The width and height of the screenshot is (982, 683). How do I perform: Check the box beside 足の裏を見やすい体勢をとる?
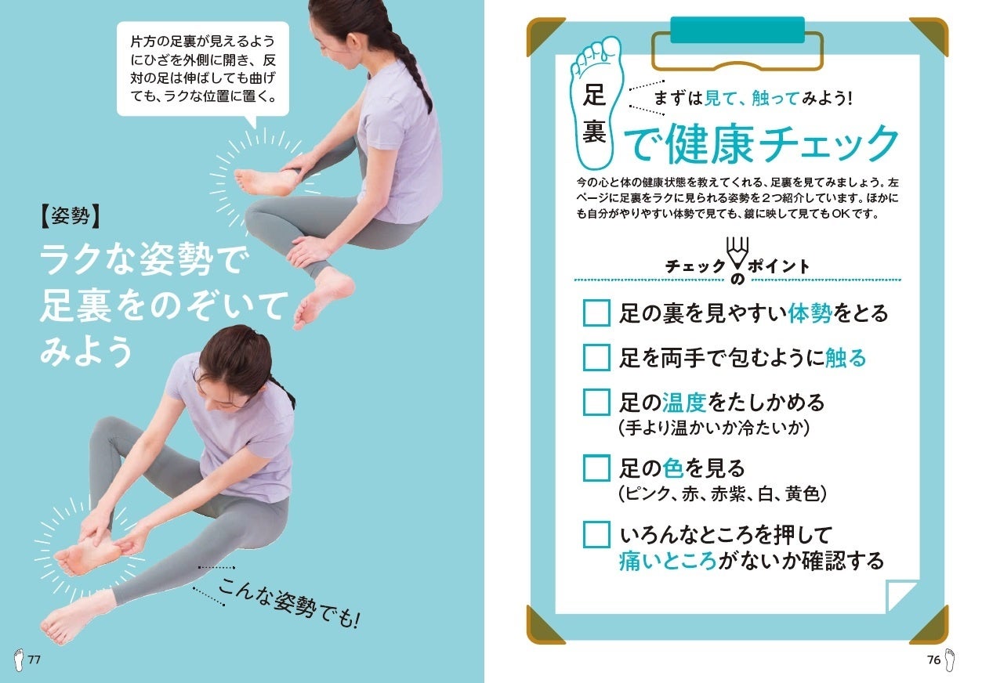point(596,313)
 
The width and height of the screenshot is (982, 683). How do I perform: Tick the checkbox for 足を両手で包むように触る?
point(596,357)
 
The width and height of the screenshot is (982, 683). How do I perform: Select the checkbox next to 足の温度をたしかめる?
point(596,402)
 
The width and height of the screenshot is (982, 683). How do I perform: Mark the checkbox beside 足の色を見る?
point(596,468)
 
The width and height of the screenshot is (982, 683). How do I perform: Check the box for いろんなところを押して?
point(596,534)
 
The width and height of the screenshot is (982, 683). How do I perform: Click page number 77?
point(34,660)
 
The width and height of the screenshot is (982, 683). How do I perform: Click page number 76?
point(933,660)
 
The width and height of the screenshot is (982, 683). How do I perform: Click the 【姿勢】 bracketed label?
point(71,216)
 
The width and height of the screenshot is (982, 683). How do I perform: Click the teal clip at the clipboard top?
point(737,30)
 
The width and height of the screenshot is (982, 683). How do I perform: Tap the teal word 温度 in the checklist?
point(684,402)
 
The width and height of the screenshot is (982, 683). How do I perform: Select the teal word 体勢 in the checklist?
point(810,313)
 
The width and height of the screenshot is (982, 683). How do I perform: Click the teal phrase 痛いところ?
point(668,562)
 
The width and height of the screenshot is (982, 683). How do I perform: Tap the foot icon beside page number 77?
point(18,660)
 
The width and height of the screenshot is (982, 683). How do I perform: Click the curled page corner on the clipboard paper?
point(900,595)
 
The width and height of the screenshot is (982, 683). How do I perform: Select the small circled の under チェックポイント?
point(737,279)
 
